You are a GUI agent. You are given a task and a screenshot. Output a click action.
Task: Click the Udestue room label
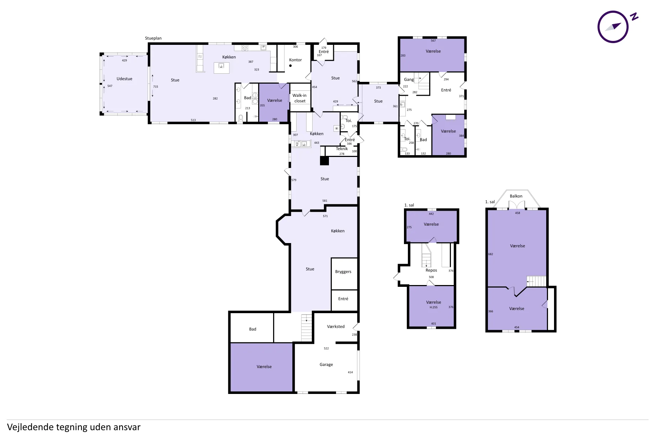coord(124,79)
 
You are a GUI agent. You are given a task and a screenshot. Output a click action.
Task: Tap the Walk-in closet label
coord(299,98)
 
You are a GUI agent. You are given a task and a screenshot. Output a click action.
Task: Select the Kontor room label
coord(295,60)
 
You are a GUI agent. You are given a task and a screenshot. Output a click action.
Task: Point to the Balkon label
coord(516,196)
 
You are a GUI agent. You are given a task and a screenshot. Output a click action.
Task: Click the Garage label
coord(326,364)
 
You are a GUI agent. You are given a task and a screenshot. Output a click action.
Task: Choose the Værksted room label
coord(336,326)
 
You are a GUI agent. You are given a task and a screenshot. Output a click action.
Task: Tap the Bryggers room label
coord(343,272)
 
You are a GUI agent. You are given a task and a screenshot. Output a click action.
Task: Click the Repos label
coord(431,270)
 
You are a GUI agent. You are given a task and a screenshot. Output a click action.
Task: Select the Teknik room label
coord(342,149)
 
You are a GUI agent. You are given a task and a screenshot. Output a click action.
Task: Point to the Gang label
coord(409,80)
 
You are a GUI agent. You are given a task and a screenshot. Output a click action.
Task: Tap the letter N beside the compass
coord(634,17)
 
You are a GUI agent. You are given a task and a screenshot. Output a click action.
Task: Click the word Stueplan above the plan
coord(153,38)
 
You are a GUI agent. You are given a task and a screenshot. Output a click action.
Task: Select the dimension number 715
coord(156,86)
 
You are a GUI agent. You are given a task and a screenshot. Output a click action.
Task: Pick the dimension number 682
coord(491,254)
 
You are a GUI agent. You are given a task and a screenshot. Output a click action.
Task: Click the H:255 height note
coord(433,307)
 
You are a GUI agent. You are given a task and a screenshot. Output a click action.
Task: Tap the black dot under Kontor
coord(291,65)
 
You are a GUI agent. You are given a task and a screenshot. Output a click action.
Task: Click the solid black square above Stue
coord(324,161)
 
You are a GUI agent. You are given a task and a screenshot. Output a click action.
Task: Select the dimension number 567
coord(433,41)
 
